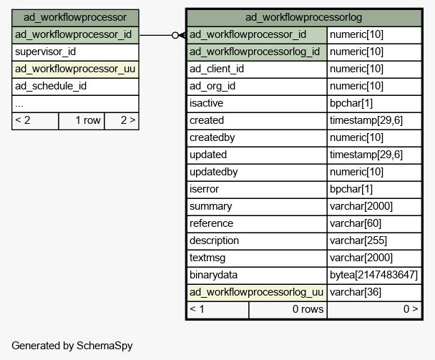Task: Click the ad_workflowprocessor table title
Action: coord(75,17)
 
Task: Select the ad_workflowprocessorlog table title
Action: coord(303,17)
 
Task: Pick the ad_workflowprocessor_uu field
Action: coord(75,69)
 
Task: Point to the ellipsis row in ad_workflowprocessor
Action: coord(75,104)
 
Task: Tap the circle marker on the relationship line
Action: coord(175,35)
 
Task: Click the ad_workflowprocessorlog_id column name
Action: coord(255,52)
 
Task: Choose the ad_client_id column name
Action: coord(217,69)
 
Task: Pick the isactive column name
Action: coord(206,104)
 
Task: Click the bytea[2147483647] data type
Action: coord(373,275)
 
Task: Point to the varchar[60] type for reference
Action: coord(356,223)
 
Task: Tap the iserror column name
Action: coord(204,189)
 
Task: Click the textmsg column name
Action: coord(207,258)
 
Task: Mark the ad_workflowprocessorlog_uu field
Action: coord(256,292)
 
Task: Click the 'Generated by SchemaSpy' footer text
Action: coord(72,346)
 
